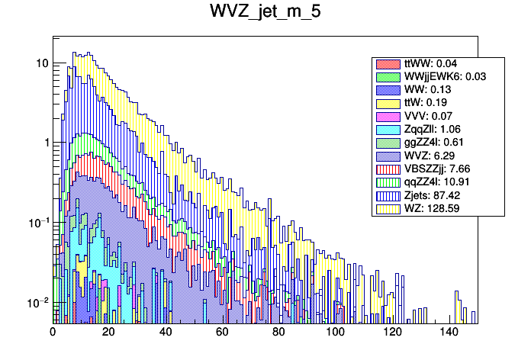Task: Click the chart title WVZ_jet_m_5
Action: (x=265, y=15)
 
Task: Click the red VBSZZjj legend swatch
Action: (x=388, y=168)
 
